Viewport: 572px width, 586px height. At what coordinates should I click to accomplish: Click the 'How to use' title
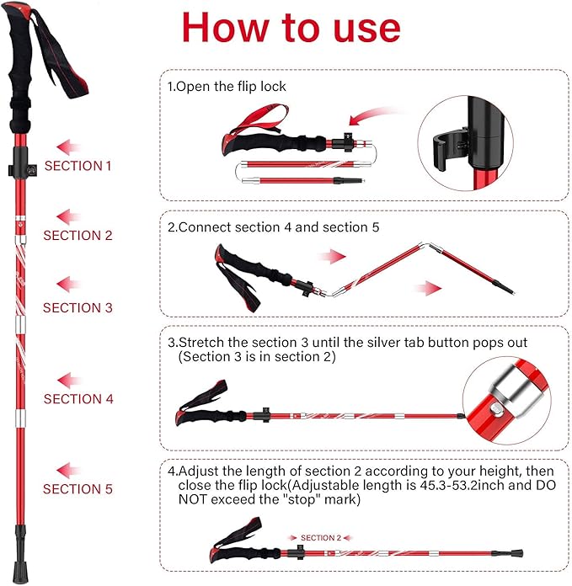291,27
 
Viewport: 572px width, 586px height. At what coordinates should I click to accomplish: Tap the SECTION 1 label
78,166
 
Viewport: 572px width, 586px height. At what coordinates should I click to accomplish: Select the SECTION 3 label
78,307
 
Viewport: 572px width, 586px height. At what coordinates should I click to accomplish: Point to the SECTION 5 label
78,488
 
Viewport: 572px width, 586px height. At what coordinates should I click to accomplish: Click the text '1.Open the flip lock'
227,86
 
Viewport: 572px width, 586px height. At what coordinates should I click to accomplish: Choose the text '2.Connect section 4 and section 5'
274,227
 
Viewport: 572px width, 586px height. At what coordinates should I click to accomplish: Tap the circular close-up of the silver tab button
506,401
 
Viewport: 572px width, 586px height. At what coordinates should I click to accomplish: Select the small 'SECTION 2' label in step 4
319,537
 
